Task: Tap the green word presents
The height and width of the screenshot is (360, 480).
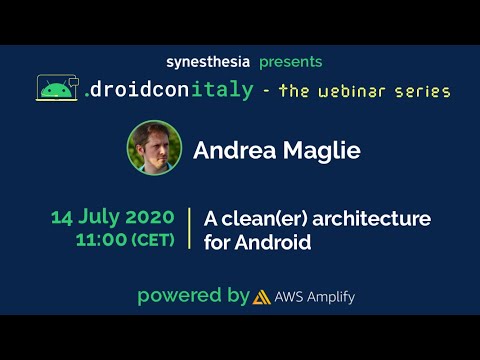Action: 291,62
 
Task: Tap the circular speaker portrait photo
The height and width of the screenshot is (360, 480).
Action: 153,147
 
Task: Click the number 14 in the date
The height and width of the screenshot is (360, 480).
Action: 63,218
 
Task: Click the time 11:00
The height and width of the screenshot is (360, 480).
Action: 98,240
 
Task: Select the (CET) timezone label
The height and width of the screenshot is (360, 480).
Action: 149,240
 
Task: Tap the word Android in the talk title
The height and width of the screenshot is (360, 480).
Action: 273,242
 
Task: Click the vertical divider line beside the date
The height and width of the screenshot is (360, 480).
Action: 189,229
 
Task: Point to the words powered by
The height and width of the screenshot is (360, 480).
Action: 192,296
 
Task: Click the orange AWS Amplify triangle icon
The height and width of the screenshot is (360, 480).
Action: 262,297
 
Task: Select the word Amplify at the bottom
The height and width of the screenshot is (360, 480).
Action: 331,297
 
